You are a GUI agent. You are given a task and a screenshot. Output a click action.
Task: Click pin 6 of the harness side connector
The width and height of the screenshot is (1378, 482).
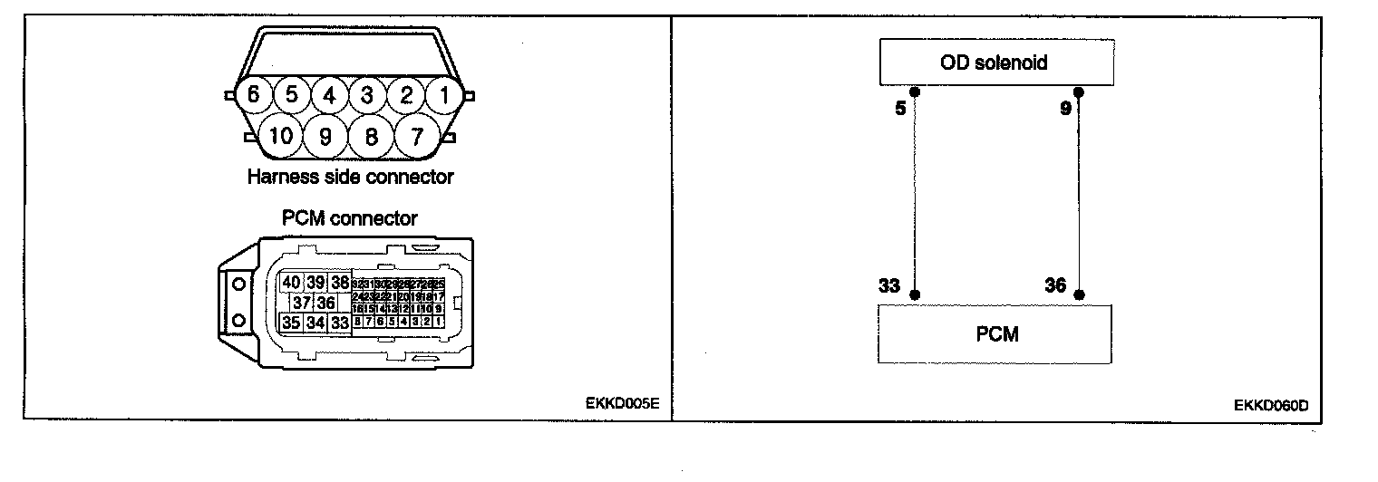tap(253, 94)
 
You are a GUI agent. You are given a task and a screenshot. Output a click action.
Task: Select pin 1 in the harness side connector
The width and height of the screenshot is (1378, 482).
tap(444, 94)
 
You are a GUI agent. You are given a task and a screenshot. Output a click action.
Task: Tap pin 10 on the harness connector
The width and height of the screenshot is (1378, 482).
tap(281, 137)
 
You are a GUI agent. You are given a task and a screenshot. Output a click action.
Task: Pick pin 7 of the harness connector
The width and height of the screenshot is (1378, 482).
tap(417, 137)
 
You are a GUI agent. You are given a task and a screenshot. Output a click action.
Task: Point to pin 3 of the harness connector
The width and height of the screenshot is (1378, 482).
tap(367, 94)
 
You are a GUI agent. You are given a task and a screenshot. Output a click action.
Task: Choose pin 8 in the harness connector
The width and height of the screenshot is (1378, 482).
tap(371, 137)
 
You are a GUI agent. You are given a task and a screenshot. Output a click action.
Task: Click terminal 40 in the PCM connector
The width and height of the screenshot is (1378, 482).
tap(292, 283)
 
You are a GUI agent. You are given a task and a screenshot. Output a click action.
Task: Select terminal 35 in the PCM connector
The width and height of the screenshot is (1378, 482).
tap(292, 323)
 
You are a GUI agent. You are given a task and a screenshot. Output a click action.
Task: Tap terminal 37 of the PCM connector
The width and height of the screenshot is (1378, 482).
tap(302, 303)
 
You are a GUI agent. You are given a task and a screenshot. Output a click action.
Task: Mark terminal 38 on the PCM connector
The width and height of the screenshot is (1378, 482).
tap(340, 283)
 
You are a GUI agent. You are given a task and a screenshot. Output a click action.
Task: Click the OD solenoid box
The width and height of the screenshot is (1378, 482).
tap(995, 63)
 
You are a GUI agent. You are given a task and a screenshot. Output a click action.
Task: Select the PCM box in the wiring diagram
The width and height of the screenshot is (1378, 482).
tap(995, 334)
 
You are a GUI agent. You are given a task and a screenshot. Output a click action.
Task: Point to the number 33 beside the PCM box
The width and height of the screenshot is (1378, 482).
tap(889, 286)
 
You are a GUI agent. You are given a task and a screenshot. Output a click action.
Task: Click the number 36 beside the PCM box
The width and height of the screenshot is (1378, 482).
tap(1055, 286)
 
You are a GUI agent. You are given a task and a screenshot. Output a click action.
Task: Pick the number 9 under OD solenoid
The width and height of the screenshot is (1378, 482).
tap(1064, 109)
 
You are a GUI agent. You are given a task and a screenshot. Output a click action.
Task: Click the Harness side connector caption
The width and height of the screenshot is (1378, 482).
tap(350, 178)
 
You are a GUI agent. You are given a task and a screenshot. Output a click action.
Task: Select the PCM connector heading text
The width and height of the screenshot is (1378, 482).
tap(349, 218)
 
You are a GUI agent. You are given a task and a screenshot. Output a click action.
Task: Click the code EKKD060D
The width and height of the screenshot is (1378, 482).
tap(1271, 405)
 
